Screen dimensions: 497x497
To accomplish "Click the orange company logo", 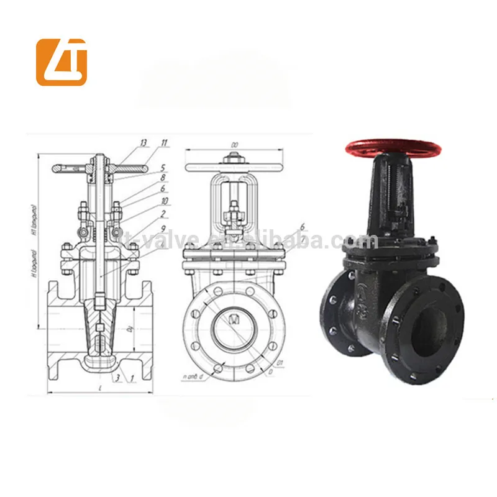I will [x=62, y=62].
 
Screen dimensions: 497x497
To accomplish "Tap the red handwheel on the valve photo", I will [x=393, y=148].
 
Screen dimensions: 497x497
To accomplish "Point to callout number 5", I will [x=162, y=167].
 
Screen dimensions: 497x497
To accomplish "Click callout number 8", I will [x=162, y=178].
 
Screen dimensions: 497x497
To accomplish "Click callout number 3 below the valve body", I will [x=117, y=377].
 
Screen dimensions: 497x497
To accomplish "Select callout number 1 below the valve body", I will [x=132, y=377].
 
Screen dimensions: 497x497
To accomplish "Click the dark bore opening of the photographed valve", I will [x=432, y=317].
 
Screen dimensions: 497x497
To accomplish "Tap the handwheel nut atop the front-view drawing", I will [x=235, y=163].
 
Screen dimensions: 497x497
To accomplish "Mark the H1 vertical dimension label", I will [x=35, y=214].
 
